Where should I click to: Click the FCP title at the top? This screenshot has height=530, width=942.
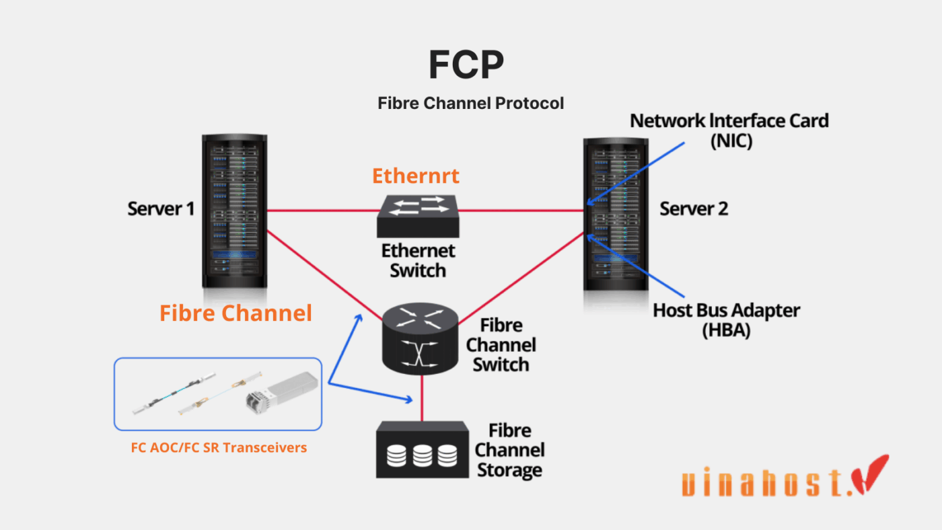click(466, 65)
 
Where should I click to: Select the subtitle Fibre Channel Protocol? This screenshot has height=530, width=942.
click(470, 103)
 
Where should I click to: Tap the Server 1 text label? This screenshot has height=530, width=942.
click(161, 209)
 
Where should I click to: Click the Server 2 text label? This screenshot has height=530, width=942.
click(694, 209)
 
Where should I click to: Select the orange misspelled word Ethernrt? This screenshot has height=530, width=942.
click(415, 176)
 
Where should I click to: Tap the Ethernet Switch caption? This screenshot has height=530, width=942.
click(418, 260)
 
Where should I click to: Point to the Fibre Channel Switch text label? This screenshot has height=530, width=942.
click(501, 345)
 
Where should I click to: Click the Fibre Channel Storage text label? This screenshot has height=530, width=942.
click(509, 450)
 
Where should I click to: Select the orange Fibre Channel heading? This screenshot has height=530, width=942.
click(235, 313)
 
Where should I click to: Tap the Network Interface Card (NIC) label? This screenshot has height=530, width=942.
click(729, 131)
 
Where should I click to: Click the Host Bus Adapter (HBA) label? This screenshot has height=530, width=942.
click(726, 320)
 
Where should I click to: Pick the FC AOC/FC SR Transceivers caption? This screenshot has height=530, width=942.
click(219, 447)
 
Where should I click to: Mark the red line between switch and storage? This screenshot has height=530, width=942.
click(422, 398)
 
